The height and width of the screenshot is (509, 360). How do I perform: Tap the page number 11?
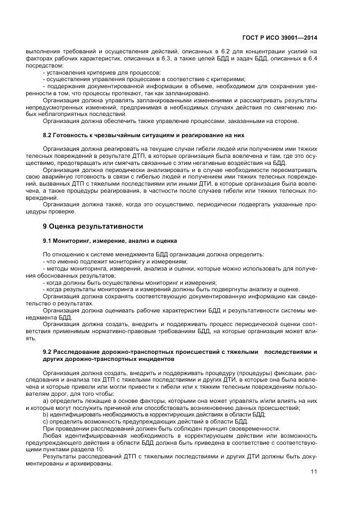[x=313, y=471]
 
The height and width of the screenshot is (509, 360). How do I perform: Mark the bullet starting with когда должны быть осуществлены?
[x=129, y=283]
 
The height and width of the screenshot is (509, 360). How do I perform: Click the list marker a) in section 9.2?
[x=45, y=401]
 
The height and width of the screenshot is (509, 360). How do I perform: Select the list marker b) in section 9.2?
[x=45, y=414]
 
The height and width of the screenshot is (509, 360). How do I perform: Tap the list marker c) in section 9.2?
[x=45, y=421]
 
